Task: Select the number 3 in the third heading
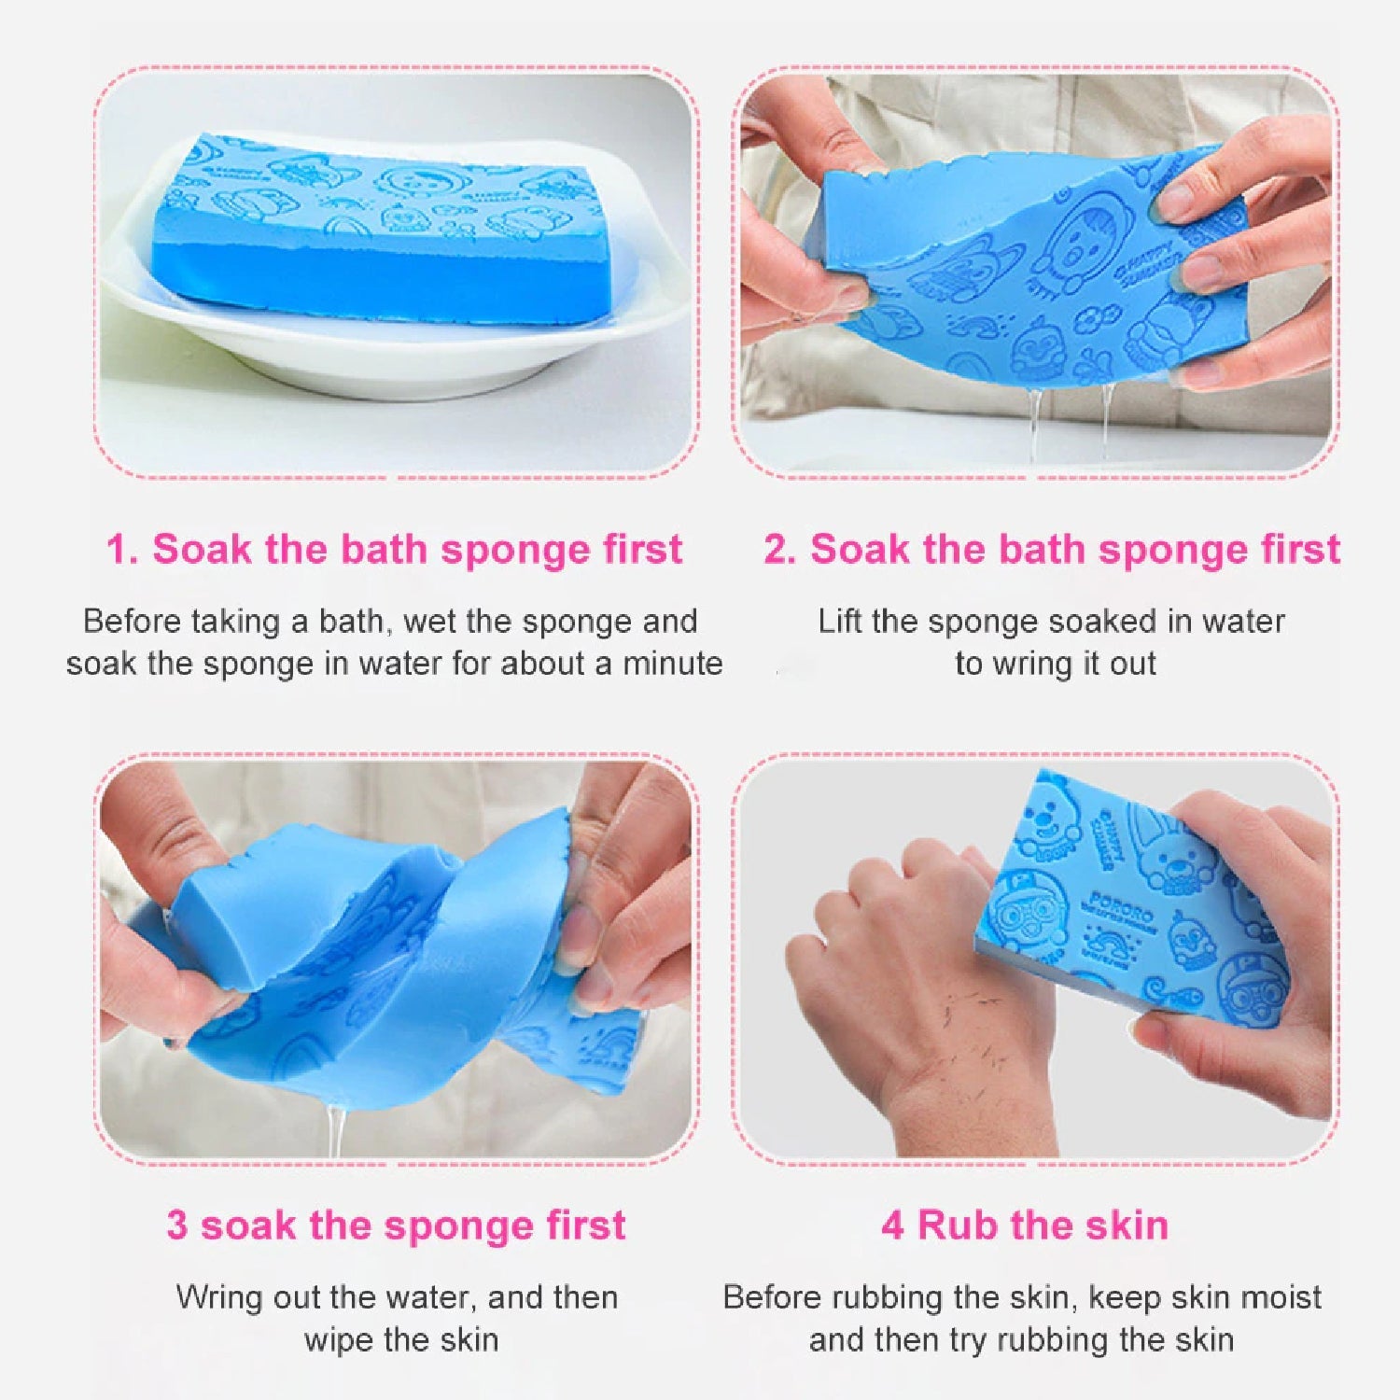tap(176, 1225)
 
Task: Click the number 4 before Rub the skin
tap(891, 1225)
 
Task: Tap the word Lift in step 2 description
tap(838, 622)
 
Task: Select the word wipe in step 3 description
tap(339, 1340)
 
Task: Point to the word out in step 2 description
tap(1133, 664)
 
